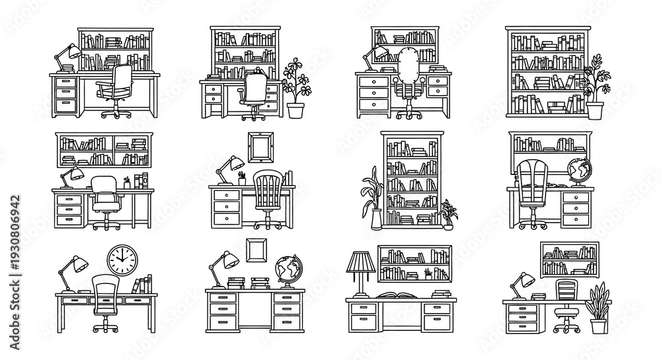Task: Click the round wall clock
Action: pos(122,260)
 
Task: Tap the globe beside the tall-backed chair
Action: pos(579,171)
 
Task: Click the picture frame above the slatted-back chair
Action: pos(260,147)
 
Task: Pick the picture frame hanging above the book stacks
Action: pos(256,250)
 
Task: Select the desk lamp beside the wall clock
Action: pos(73,273)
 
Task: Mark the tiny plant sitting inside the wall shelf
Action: pos(428,274)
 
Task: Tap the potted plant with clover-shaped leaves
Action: pos(295,88)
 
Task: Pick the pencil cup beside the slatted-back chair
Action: pos(241,178)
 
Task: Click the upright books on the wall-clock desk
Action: pos(143,284)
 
